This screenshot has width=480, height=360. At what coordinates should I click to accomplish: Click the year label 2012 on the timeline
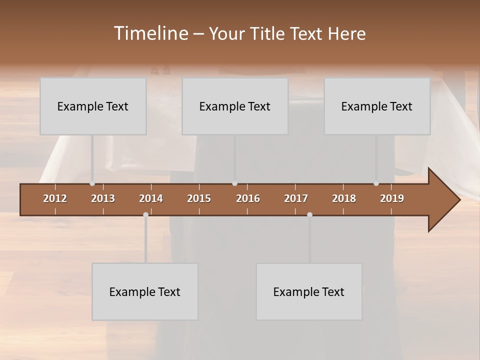55,198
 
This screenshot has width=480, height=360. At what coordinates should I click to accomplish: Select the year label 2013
103,198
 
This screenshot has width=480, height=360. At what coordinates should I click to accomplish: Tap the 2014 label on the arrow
151,198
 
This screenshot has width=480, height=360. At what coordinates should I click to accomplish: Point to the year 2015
199,198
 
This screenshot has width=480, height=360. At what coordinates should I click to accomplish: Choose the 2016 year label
248,198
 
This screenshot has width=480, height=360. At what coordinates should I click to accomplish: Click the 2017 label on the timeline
296,198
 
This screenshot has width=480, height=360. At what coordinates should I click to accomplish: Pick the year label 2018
344,198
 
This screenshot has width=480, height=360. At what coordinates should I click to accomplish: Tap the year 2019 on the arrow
392,198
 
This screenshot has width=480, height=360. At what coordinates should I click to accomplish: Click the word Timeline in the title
150,33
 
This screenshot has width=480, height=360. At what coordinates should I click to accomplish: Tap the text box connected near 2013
93,106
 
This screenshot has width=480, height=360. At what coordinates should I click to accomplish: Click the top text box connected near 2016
235,106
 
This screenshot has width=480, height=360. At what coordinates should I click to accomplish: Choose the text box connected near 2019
377,106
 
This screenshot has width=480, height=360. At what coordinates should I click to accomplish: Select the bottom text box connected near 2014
145,291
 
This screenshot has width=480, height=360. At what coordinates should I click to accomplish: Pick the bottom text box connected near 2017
309,291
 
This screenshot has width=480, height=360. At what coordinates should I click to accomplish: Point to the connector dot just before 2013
92,183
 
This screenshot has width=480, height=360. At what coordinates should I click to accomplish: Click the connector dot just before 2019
376,183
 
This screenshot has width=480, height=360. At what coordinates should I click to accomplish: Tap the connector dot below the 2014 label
145,214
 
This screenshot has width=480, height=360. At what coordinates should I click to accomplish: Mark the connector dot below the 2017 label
309,214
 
